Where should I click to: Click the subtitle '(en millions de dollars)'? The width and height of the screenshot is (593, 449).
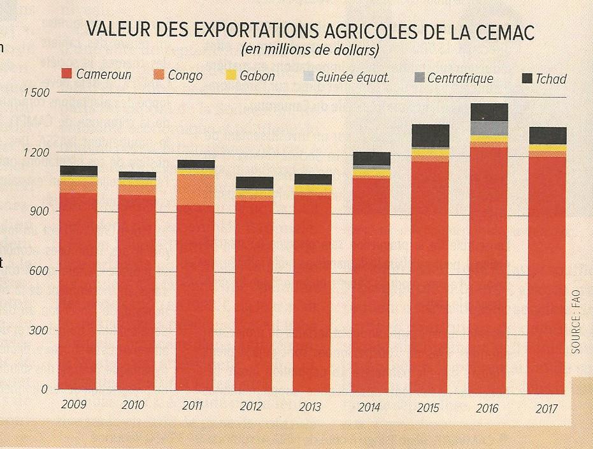310,49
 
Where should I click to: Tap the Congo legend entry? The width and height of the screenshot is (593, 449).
178,75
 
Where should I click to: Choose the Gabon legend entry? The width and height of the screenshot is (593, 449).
250,76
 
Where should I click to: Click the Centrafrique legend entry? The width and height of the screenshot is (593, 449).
453,78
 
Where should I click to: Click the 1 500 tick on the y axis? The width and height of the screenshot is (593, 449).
36,92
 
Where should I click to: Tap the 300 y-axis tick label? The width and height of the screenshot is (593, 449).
39,330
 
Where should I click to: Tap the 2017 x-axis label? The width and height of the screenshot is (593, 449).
547,408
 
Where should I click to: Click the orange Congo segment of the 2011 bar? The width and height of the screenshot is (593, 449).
196,189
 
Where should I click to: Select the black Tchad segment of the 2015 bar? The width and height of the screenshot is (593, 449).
431,135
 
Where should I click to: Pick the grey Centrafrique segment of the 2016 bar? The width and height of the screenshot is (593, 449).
489,128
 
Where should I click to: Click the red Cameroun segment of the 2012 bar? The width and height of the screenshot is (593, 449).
254,293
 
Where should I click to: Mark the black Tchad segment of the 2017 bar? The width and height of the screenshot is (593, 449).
547,135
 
